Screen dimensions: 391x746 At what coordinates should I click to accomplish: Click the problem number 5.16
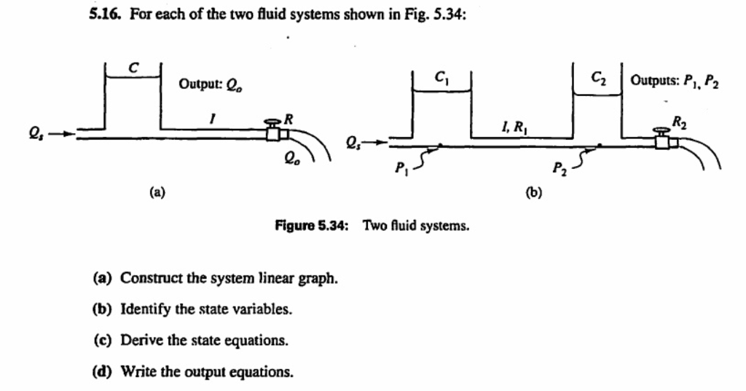105,14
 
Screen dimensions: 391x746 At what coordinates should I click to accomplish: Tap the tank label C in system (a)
133,68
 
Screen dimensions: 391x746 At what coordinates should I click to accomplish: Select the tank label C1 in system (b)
441,75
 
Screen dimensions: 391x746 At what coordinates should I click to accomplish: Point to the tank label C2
597,76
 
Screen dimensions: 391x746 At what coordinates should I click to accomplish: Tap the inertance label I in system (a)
211,116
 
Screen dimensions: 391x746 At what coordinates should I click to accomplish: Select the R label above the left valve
288,117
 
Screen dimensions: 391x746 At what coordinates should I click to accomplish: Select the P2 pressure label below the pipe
558,170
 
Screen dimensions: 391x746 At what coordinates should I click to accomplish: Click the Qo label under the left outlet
291,154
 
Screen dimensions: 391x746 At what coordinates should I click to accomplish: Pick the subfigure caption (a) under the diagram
157,193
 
